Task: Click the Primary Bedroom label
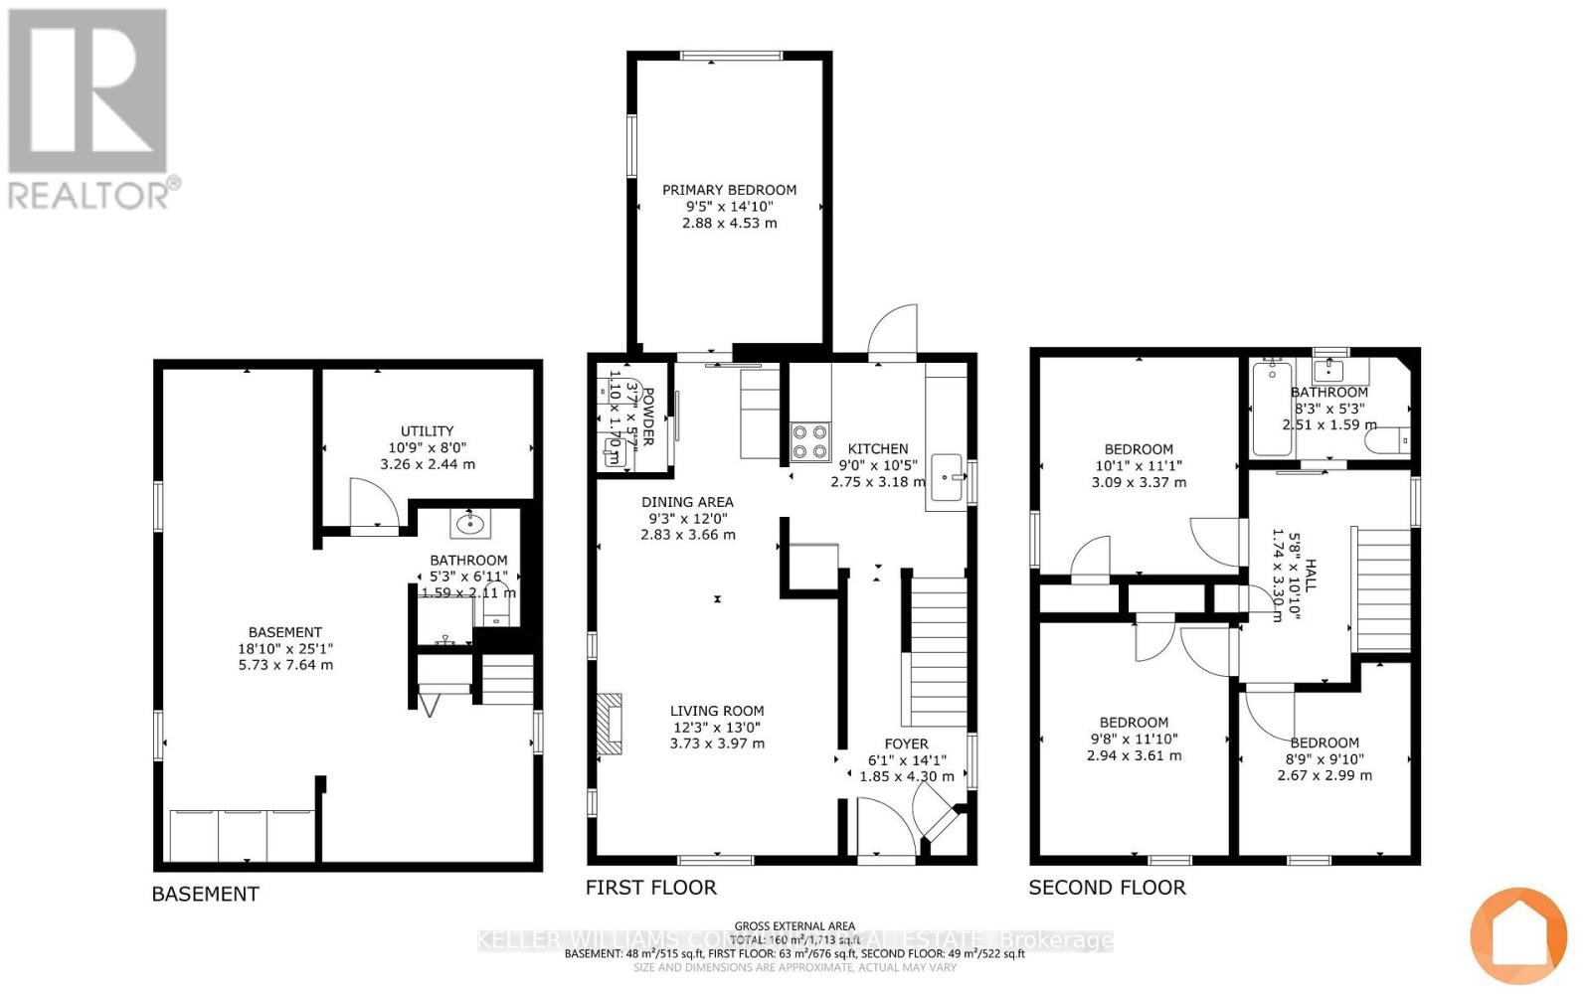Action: click(729, 190)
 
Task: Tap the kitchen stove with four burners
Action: click(809, 441)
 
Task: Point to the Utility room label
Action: click(427, 430)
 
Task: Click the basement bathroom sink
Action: click(468, 522)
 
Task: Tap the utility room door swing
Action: click(374, 502)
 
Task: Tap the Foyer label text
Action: click(906, 744)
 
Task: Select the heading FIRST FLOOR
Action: click(650, 888)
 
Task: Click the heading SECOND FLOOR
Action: click(1107, 888)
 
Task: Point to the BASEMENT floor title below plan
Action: click(205, 894)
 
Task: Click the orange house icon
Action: click(1517, 934)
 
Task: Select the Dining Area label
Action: click(687, 502)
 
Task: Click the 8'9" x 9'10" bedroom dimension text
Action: click(1324, 758)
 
